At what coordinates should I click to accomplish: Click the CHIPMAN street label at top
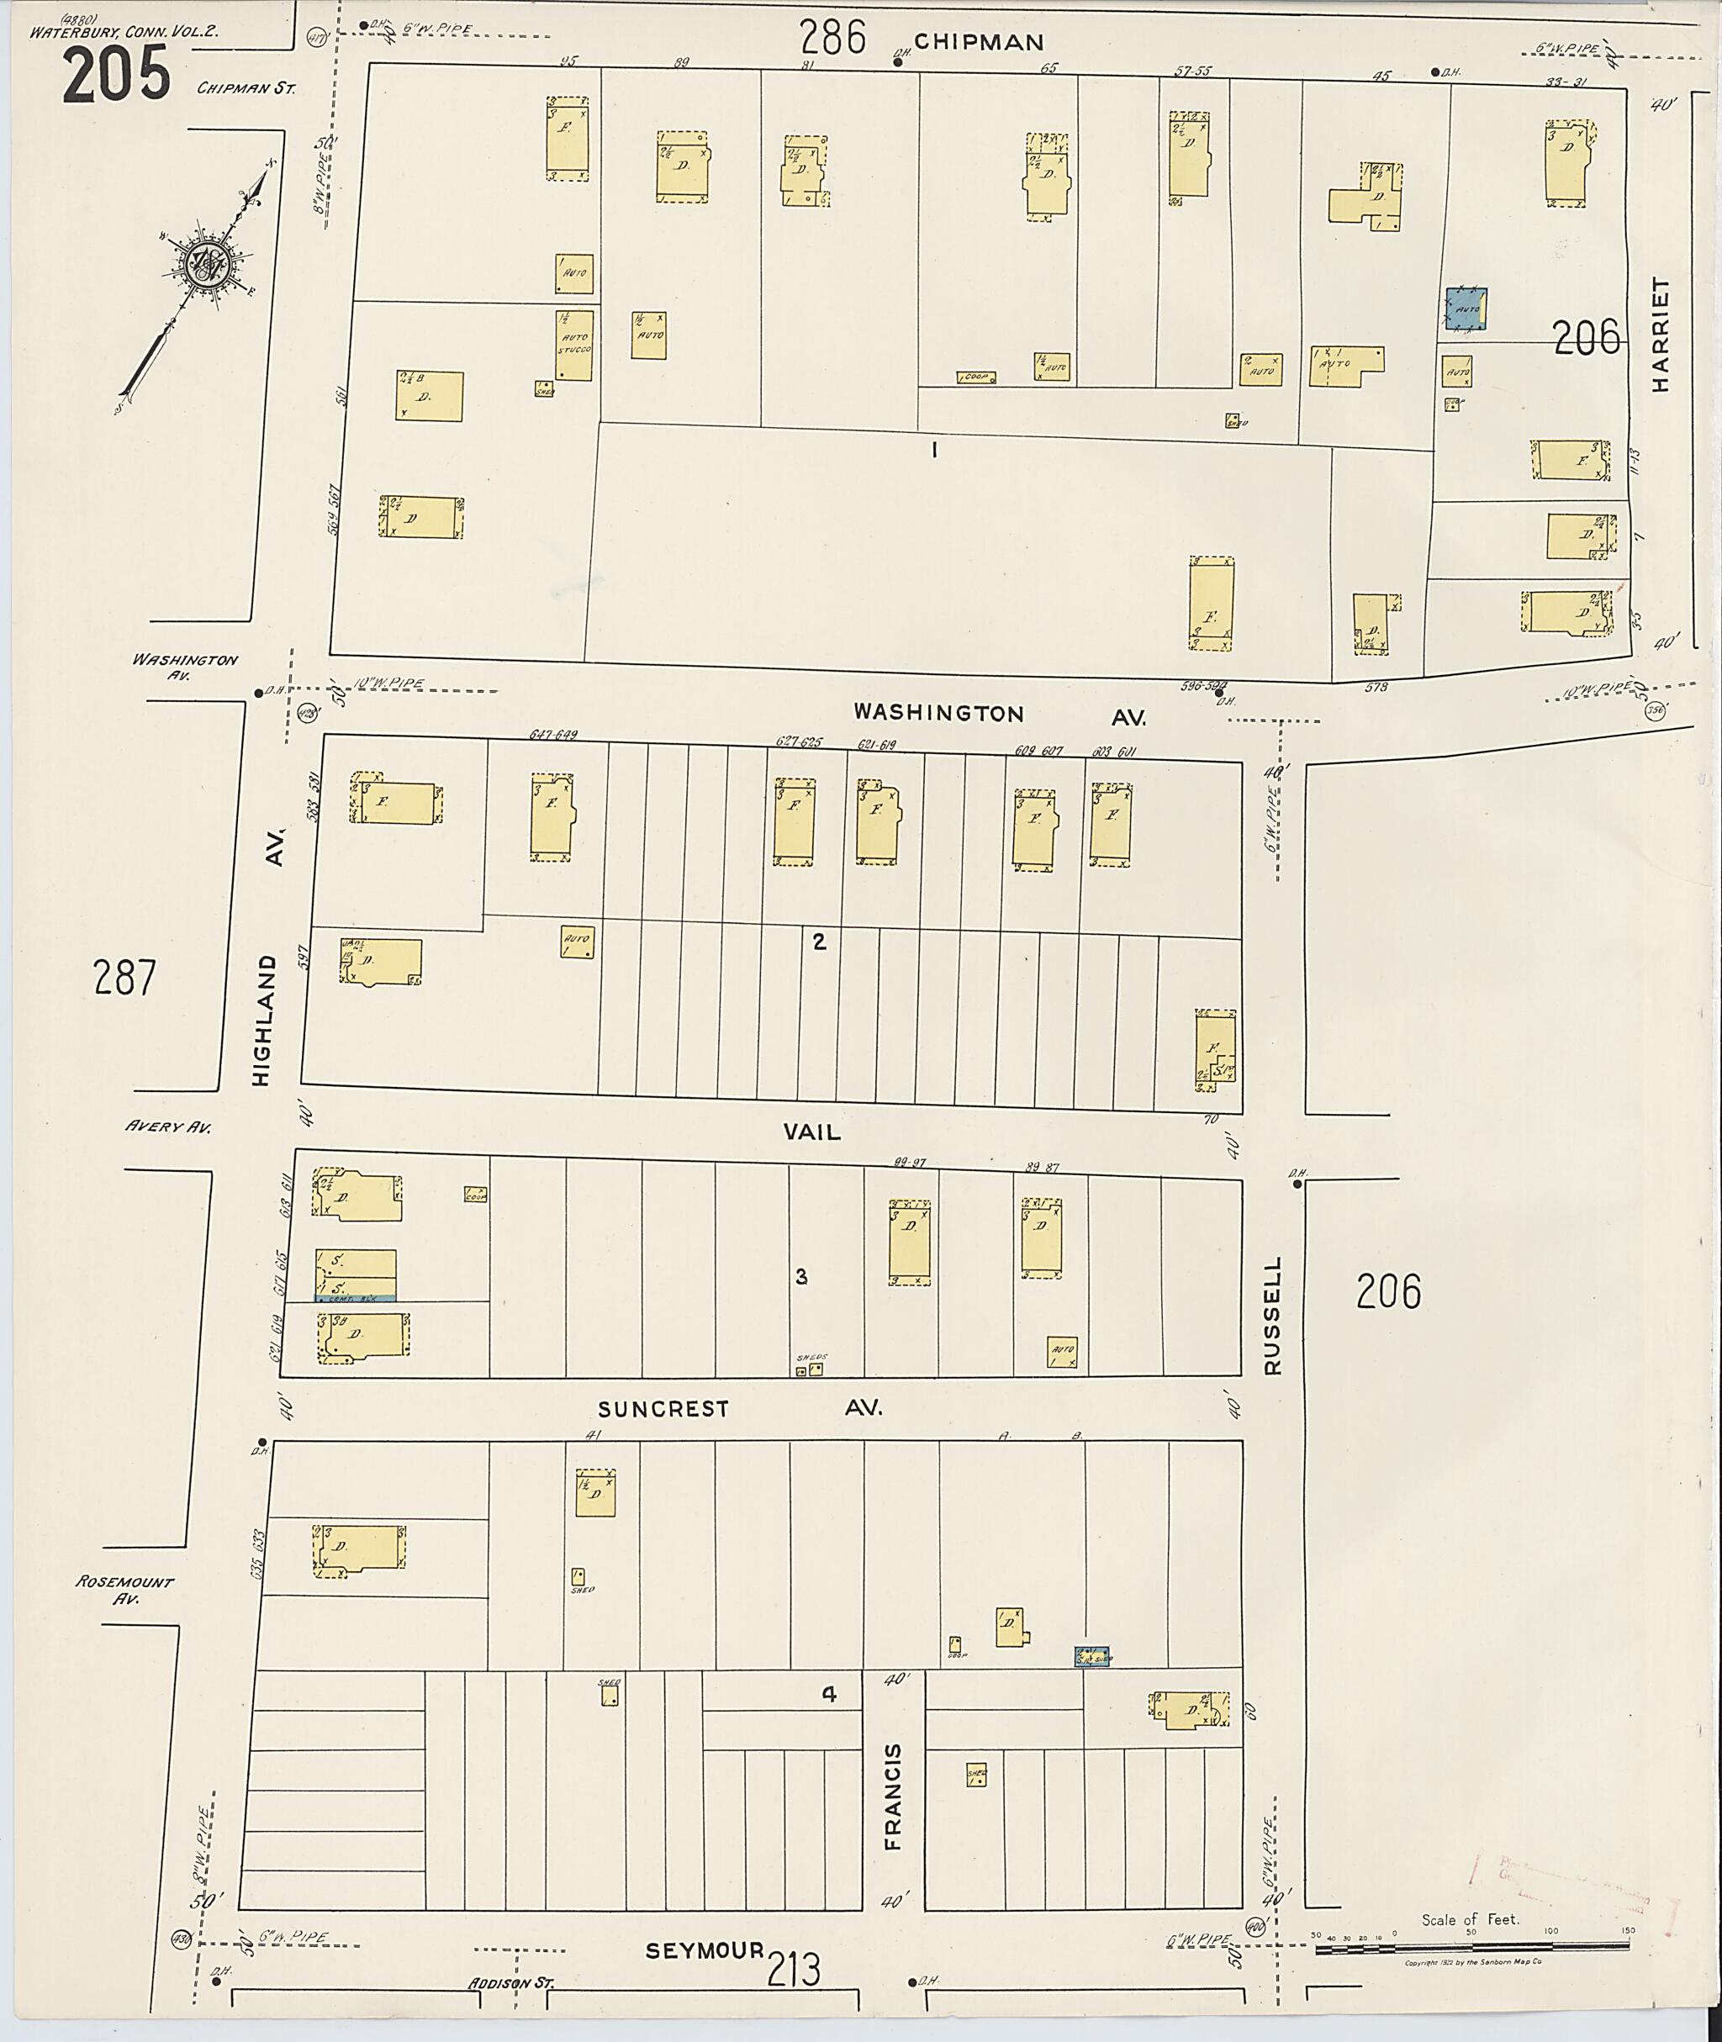(979, 42)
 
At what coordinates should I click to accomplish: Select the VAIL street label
(811, 1132)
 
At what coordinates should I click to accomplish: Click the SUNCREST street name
(663, 1408)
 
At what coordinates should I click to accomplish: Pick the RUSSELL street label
(1271, 1315)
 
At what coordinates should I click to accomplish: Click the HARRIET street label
(1661, 335)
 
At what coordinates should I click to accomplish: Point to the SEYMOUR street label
(704, 1950)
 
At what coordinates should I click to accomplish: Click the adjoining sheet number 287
(125, 977)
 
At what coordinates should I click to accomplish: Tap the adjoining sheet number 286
(832, 39)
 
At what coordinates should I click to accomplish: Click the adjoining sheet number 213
(794, 1971)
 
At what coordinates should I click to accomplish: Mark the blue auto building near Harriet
(1466, 308)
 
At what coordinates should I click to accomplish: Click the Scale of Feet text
(1469, 1920)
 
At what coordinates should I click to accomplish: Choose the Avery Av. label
(168, 1127)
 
